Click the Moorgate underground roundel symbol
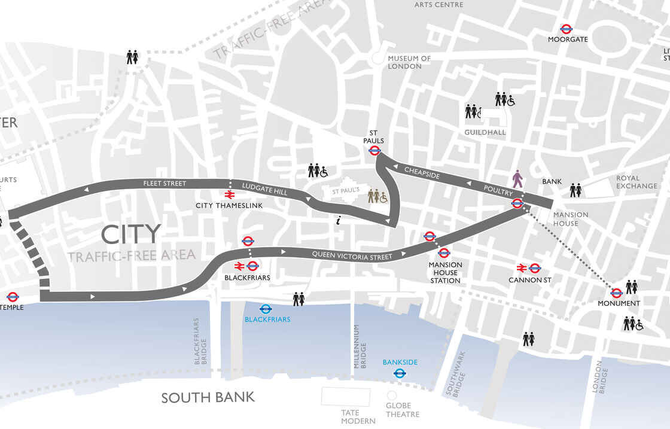(x=567, y=28)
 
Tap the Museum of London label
(x=409, y=62)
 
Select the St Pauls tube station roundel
(x=374, y=151)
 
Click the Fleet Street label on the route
(x=165, y=183)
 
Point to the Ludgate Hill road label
(x=264, y=189)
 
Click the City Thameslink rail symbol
(x=229, y=194)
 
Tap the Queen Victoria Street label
(x=352, y=255)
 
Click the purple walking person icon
(x=518, y=178)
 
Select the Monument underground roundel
(x=616, y=293)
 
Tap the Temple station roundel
(x=13, y=297)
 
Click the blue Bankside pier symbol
(x=400, y=373)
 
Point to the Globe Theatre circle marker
(x=392, y=395)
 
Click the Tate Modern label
(x=350, y=416)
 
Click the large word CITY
(x=131, y=234)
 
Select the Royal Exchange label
(x=636, y=182)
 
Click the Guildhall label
(x=485, y=132)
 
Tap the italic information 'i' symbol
(x=339, y=221)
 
